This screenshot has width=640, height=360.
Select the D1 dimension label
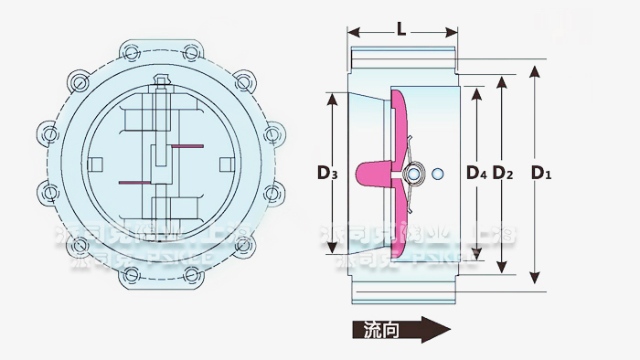click(543, 172)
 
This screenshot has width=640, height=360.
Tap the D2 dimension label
click(502, 172)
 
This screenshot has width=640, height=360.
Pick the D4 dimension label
click(475, 172)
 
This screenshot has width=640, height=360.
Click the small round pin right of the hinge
click(438, 174)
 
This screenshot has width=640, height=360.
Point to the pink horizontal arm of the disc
click(375, 170)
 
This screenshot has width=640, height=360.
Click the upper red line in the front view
click(186, 146)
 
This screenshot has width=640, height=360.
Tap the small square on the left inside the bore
click(95, 164)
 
